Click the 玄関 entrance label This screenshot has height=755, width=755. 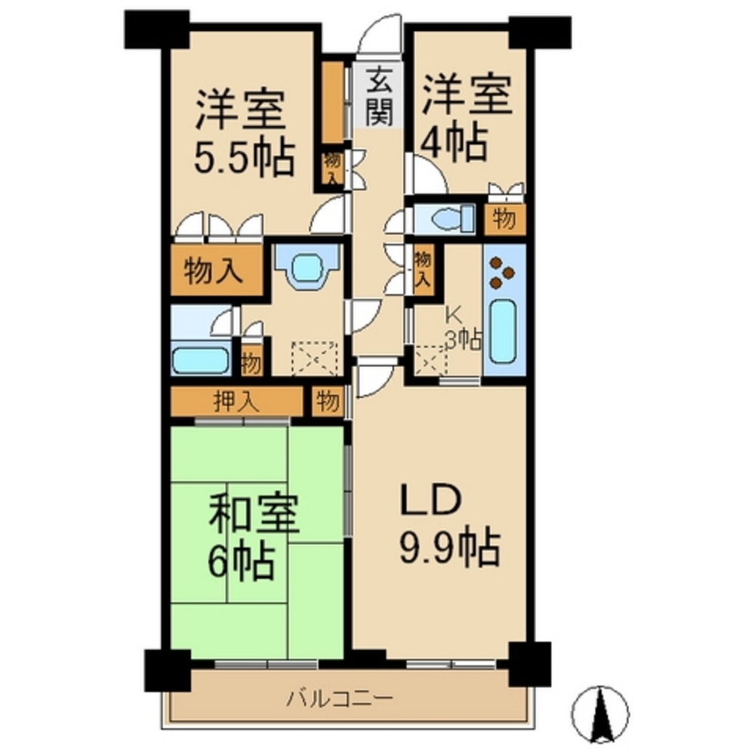click(x=378, y=97)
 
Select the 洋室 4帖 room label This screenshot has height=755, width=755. click(x=466, y=119)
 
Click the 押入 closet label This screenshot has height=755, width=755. click(x=236, y=402)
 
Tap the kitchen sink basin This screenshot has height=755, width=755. click(x=504, y=332)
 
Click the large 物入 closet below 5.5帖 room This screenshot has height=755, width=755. click(x=217, y=270)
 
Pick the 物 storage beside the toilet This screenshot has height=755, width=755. click(x=504, y=220)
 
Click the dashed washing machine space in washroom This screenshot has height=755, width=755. click(x=315, y=358)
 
